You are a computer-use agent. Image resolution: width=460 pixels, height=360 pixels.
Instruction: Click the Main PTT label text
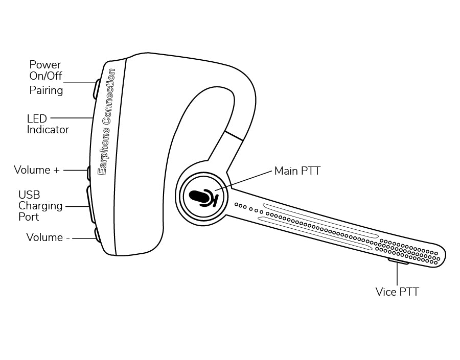click(297, 171)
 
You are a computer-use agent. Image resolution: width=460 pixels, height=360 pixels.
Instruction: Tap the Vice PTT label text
click(397, 292)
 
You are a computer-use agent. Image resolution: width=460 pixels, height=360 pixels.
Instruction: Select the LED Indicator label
click(48, 124)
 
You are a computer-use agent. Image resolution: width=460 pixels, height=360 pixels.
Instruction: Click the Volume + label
click(36, 170)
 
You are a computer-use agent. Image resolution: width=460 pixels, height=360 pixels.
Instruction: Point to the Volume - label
click(48, 237)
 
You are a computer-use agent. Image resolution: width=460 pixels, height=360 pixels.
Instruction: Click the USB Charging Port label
click(40, 206)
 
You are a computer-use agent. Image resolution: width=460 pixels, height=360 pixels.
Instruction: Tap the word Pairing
click(46, 90)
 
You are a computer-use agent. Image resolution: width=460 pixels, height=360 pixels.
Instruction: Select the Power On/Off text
click(45, 70)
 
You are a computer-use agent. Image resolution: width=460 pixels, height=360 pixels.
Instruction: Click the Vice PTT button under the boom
click(398, 262)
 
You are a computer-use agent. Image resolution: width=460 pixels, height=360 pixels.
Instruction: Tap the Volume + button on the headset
click(89, 173)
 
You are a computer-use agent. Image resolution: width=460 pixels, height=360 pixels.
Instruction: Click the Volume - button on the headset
click(96, 234)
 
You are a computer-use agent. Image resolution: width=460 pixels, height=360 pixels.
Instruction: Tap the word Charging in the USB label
click(40, 206)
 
